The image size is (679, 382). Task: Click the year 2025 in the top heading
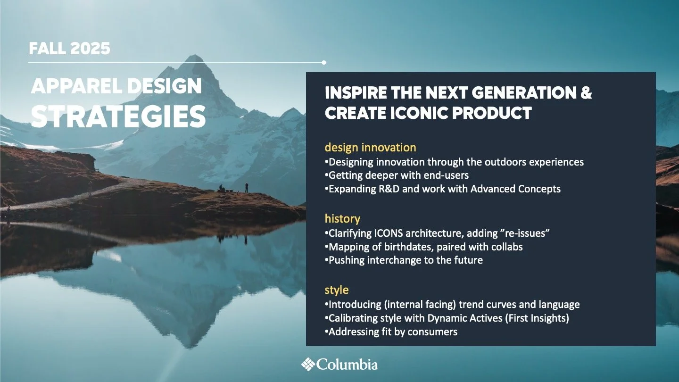tap(90, 49)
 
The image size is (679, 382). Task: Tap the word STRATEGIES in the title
tap(118, 116)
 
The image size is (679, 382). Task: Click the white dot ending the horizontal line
tap(324, 62)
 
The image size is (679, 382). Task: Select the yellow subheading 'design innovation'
tap(370, 148)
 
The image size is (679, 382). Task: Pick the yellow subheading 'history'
tap(342, 219)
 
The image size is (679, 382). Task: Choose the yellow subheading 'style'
tap(337, 290)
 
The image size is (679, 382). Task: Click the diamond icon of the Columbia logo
tap(308, 364)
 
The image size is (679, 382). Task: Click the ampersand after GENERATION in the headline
tap(586, 92)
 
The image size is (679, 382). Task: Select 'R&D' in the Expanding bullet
tap(389, 189)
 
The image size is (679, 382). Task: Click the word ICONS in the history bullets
tap(389, 233)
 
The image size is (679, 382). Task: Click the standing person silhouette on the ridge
tap(247, 187)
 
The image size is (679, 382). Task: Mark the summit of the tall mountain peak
tap(194, 56)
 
